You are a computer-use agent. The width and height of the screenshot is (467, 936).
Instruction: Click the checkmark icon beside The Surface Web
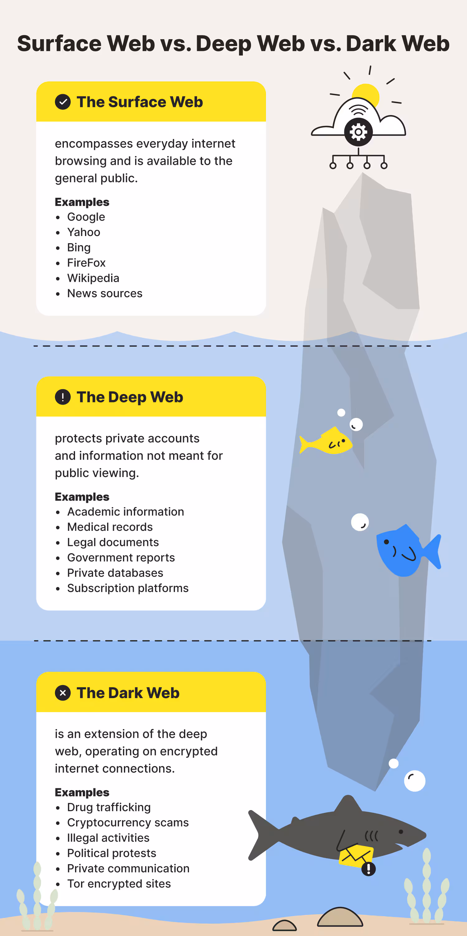point(63,102)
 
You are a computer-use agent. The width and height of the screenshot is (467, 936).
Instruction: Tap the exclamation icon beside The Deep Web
point(63,397)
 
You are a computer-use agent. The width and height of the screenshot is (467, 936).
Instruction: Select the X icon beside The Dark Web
point(63,693)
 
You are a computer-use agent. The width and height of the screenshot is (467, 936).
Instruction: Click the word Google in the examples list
point(86,217)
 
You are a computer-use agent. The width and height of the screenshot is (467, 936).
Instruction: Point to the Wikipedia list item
point(93,278)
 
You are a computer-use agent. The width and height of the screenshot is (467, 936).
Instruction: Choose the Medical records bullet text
point(110,527)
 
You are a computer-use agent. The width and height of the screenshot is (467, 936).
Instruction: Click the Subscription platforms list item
point(128,588)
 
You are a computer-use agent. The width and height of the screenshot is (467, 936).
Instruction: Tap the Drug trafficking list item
point(109,807)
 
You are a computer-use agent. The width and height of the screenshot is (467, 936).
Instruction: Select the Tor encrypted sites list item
point(119,883)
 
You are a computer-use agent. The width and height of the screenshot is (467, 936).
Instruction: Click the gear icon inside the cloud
point(358,132)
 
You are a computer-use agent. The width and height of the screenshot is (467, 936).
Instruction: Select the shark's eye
point(401,832)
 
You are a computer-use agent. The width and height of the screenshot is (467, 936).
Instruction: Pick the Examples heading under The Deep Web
point(82,497)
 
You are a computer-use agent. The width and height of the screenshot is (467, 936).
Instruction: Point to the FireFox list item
point(86,263)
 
